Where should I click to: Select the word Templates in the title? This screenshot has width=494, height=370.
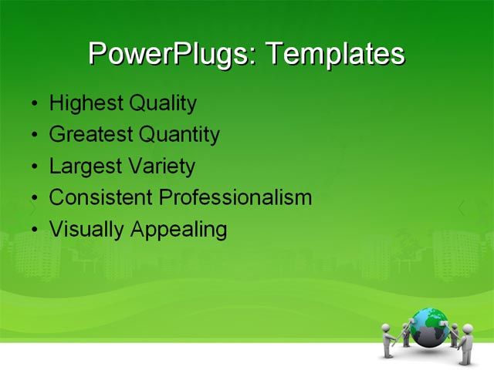click(x=335, y=55)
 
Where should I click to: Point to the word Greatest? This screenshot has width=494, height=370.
click(x=90, y=135)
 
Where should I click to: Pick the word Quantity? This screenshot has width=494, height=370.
click(x=179, y=135)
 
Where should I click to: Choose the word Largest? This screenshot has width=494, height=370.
click(x=83, y=166)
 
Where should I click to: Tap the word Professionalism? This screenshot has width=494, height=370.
click(x=235, y=197)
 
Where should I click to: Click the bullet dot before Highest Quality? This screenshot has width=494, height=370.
click(x=33, y=104)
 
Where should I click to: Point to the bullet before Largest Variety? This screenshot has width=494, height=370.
click(x=33, y=167)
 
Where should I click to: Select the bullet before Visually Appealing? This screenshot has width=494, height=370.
click(x=33, y=230)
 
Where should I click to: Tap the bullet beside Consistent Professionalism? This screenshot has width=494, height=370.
click(x=33, y=199)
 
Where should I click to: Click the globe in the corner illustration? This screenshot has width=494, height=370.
click(x=428, y=326)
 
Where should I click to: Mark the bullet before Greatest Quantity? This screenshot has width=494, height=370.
click(x=33, y=136)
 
